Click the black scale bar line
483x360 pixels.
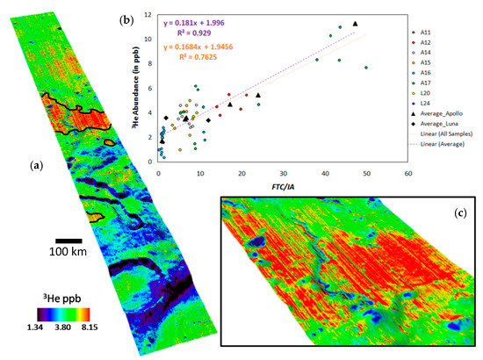69,240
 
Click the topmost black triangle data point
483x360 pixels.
355,24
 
